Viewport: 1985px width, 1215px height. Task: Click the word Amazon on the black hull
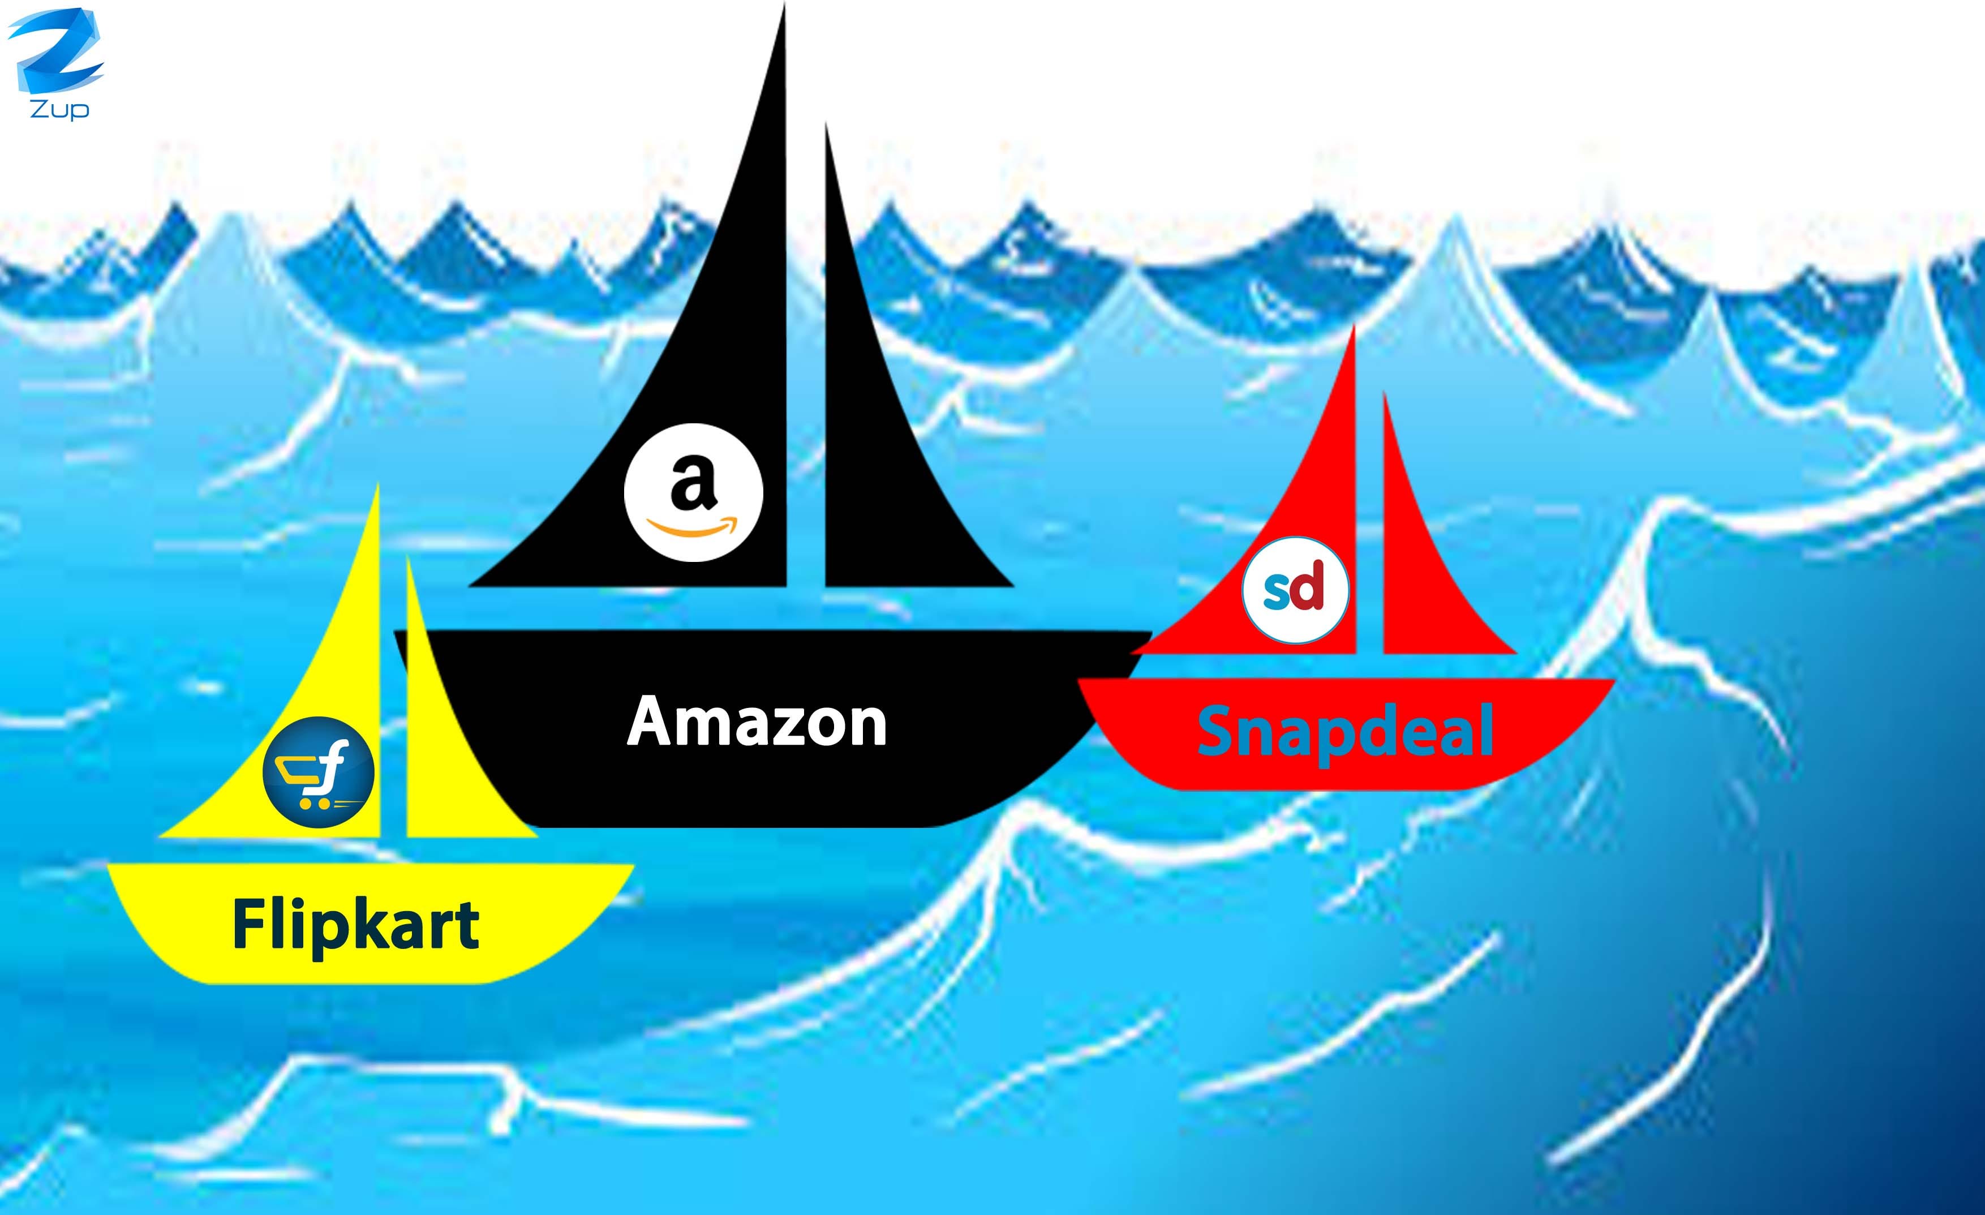[x=757, y=723]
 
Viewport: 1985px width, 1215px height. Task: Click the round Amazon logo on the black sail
[x=693, y=492]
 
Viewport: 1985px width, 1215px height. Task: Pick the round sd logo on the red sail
[x=1295, y=590]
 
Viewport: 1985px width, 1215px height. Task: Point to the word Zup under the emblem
[x=59, y=109]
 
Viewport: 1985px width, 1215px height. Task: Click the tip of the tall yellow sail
[x=377, y=491]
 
